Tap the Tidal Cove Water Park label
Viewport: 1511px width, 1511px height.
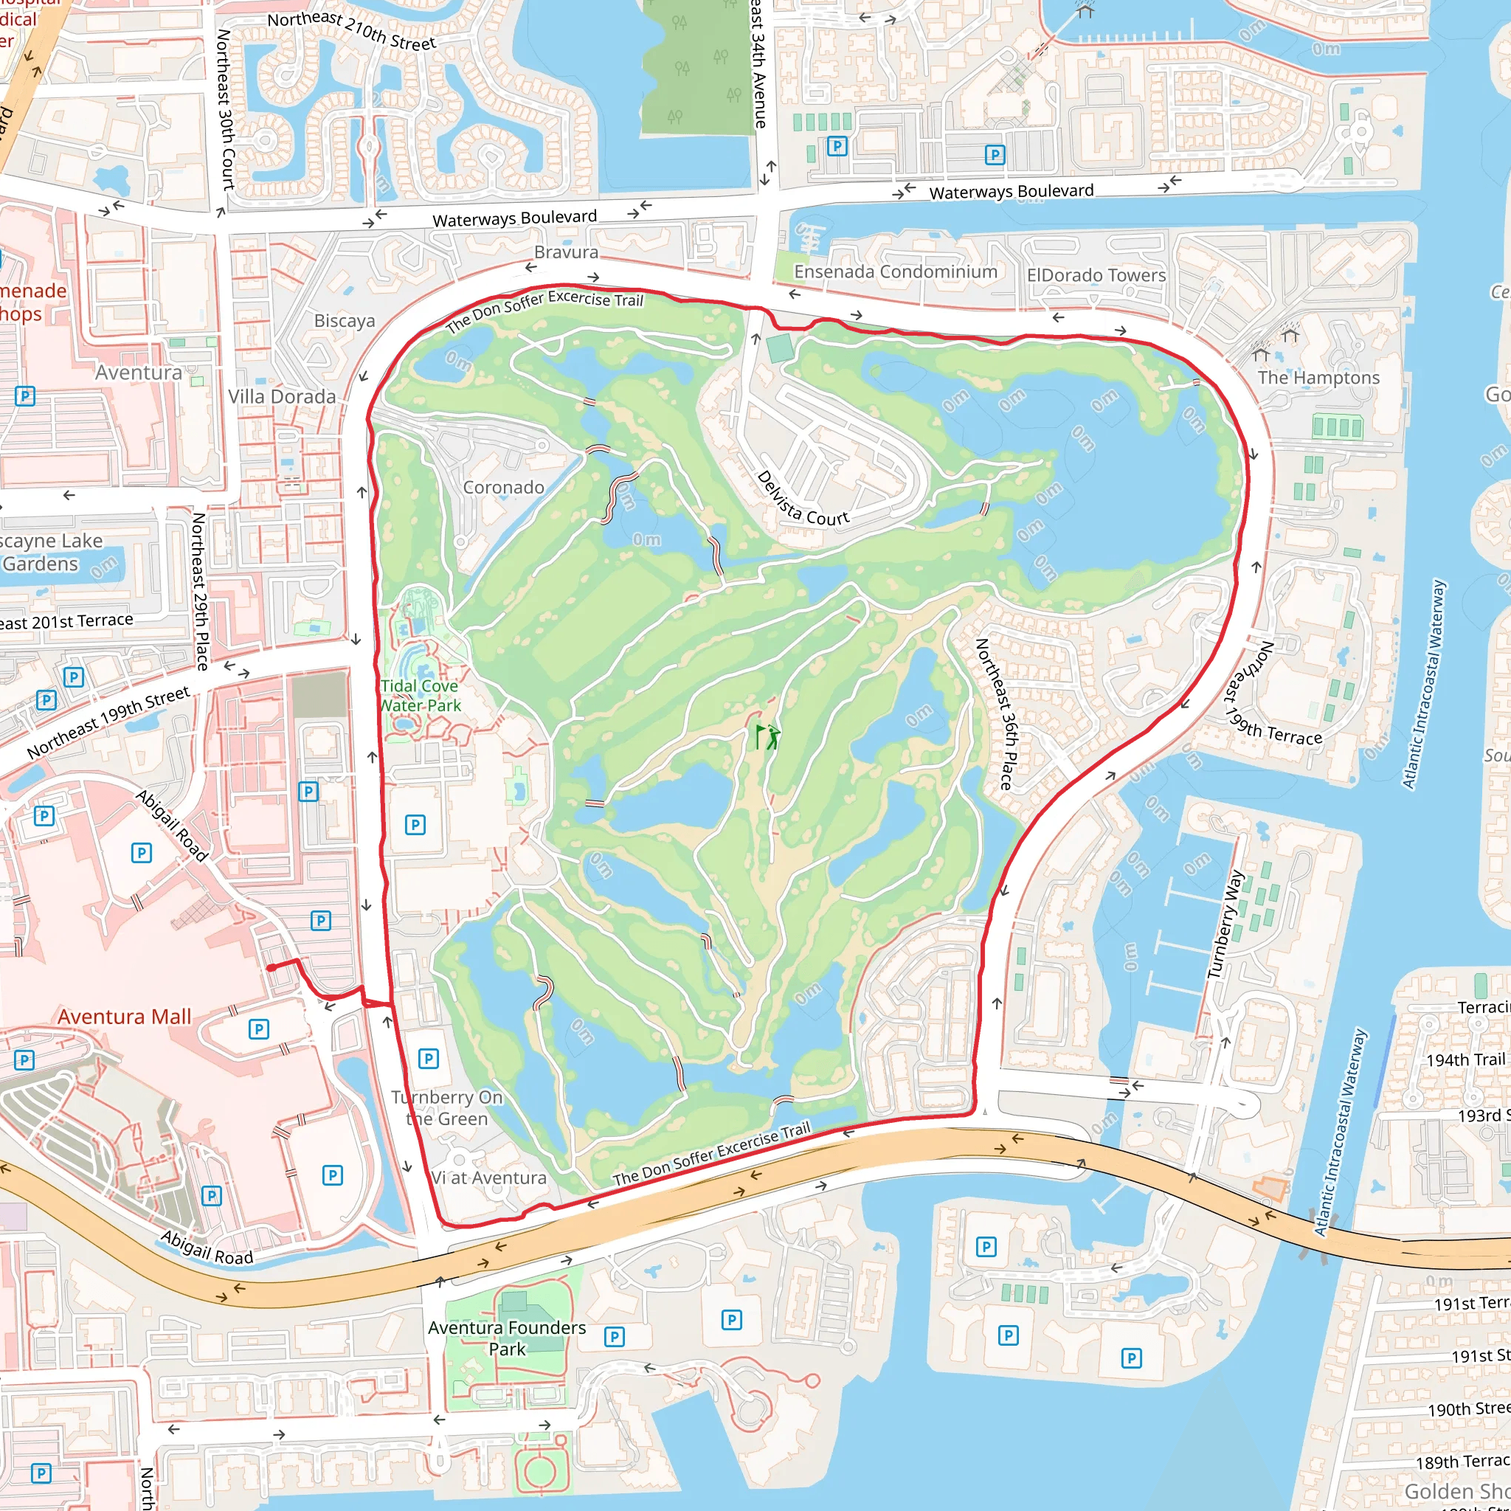click(x=420, y=695)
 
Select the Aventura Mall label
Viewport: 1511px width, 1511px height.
click(x=125, y=1017)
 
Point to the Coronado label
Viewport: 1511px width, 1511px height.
click(x=503, y=487)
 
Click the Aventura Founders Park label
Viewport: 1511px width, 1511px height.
click(x=507, y=1338)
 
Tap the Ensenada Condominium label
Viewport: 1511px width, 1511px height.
click(x=896, y=272)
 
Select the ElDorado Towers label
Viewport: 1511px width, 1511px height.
click(x=1096, y=275)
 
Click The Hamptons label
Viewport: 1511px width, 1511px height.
click(x=1318, y=378)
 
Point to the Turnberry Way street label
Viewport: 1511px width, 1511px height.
click(x=1225, y=924)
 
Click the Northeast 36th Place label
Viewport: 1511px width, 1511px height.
click(x=995, y=714)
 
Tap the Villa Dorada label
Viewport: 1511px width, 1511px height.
click(x=282, y=396)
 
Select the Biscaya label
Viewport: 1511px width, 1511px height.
click(x=344, y=321)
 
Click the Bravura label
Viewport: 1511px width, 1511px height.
click(x=566, y=252)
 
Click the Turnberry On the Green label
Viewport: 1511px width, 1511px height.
click(x=446, y=1108)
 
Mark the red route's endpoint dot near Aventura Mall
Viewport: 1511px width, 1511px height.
click(x=271, y=968)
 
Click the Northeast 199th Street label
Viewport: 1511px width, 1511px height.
click(x=108, y=722)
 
